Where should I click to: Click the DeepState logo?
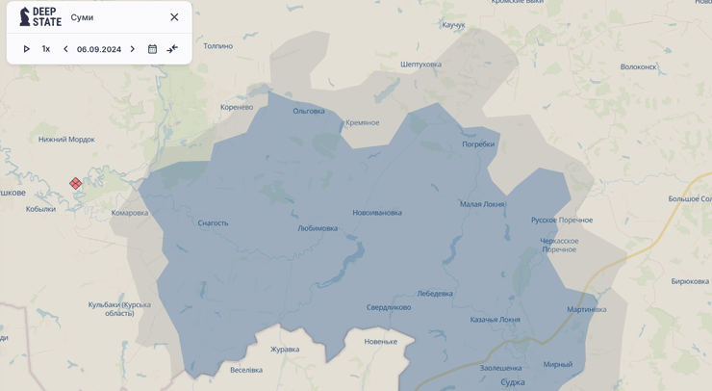point(39,16)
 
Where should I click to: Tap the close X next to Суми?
point(174,17)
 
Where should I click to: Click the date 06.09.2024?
point(99,49)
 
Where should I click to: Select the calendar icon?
point(152,49)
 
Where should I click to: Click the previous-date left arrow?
point(65,49)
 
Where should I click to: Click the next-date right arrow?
point(133,49)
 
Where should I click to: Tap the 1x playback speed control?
point(45,49)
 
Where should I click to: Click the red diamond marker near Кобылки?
point(75,183)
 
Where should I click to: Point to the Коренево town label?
point(237,107)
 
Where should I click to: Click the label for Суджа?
point(513,382)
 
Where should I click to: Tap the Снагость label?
point(213,223)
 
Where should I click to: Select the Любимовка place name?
point(318,228)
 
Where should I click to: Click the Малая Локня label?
point(482,204)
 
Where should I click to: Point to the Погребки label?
point(478,144)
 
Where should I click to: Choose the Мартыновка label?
point(587,309)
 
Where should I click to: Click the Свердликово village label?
point(389,307)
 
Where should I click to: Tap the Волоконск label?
point(639,67)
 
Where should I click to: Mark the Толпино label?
point(218,46)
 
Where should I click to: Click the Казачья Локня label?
point(495,320)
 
